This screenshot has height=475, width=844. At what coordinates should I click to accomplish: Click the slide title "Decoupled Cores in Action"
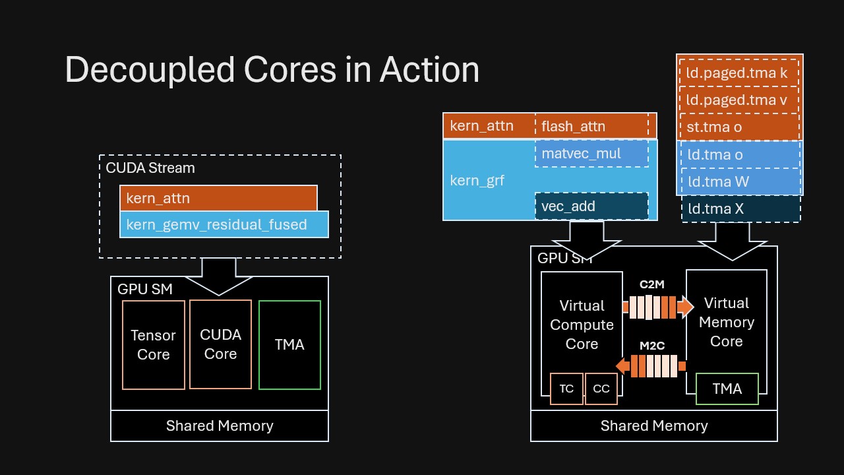tap(272, 70)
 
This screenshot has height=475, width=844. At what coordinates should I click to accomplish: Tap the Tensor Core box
tap(154, 345)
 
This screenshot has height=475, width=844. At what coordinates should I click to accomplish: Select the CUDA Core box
tap(220, 344)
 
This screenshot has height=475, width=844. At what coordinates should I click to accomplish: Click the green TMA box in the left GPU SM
tap(289, 344)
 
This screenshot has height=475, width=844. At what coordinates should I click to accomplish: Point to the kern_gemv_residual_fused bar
tap(224, 224)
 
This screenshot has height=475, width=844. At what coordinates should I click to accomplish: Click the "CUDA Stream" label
tap(150, 168)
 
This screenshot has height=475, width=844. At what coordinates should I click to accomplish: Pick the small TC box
tap(566, 389)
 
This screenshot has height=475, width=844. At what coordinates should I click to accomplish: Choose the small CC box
tap(601, 389)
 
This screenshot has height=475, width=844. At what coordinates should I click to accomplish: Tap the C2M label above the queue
tap(651, 284)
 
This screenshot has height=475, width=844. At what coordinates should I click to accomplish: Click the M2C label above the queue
tap(651, 345)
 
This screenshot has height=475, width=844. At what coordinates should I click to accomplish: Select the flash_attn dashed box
tap(591, 126)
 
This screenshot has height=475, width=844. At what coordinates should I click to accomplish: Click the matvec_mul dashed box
tap(591, 154)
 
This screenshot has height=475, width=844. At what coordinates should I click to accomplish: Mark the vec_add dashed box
tap(591, 206)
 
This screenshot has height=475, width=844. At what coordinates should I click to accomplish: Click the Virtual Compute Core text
tap(582, 325)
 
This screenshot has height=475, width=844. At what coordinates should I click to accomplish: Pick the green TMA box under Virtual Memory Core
tap(727, 389)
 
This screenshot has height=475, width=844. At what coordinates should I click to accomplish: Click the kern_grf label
tap(477, 180)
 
